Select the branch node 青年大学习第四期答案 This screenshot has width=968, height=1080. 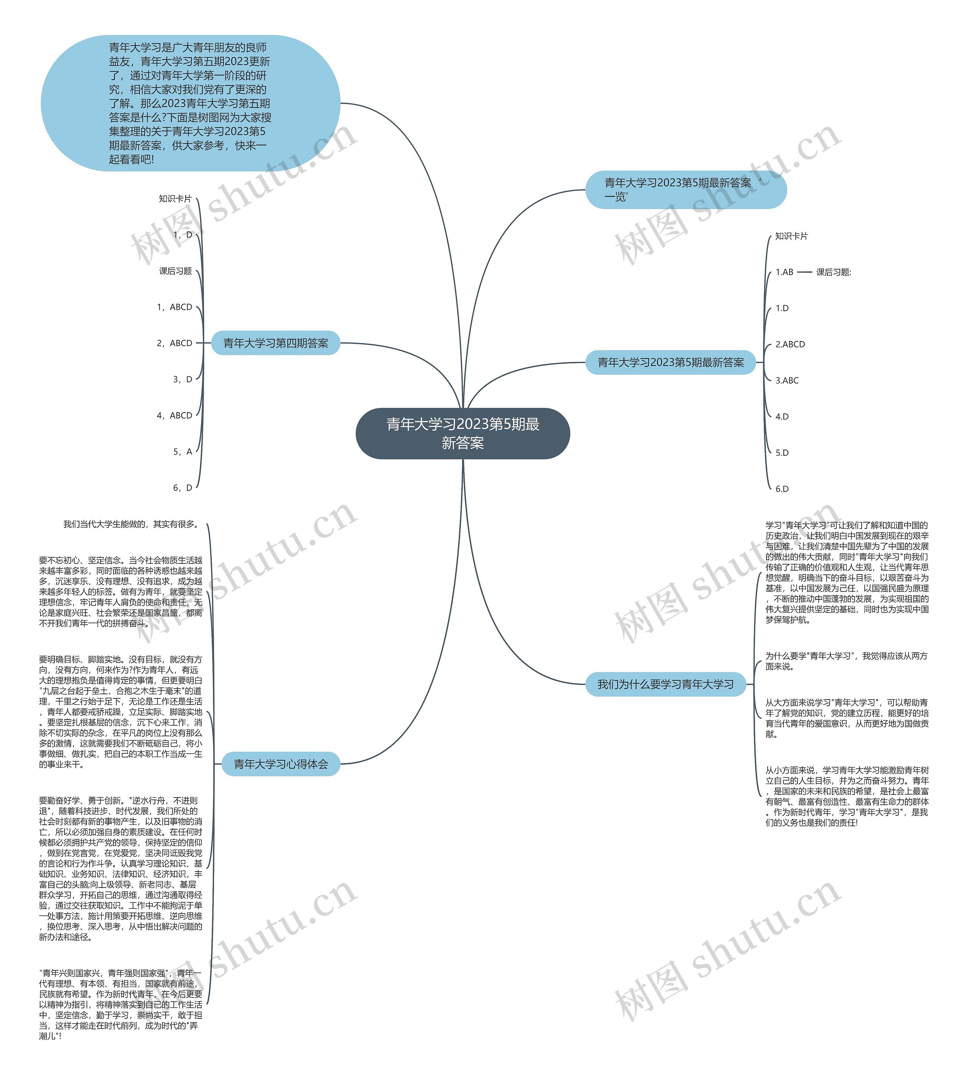coord(276,343)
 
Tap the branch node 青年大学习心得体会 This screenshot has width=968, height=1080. coord(281,764)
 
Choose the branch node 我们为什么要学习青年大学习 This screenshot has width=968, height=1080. coord(665,684)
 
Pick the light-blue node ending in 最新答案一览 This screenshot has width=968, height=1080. coord(685,190)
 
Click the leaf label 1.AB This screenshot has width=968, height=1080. coord(784,272)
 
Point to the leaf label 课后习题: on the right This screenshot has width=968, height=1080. coord(833,272)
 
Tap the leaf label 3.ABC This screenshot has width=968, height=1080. coord(786,381)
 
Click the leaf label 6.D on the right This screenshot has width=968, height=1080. coord(782,489)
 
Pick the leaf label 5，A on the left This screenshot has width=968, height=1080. coord(182,452)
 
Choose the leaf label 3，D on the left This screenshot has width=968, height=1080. coord(182,379)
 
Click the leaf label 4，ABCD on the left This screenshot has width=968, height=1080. coord(174,416)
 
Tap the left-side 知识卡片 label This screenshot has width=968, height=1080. coord(175,199)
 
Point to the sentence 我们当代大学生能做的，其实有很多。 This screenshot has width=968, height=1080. coord(131,524)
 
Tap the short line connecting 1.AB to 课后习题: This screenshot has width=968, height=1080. coord(805,272)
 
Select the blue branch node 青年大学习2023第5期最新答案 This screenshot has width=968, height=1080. coord(670,362)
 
